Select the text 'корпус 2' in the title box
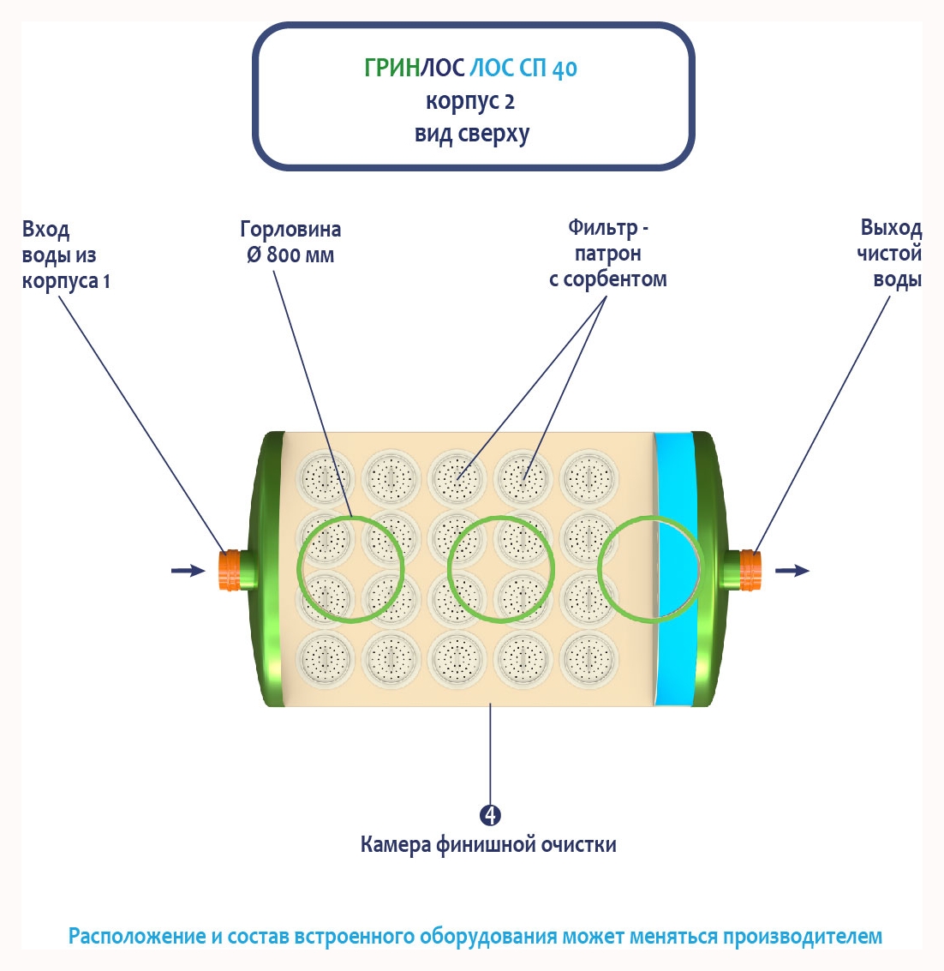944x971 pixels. point(470,102)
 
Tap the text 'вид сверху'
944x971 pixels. point(472,135)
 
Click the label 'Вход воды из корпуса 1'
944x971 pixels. point(65,255)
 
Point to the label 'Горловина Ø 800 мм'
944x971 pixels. point(290,243)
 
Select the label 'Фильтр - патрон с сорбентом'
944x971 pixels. point(607,254)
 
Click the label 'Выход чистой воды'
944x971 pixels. point(890,254)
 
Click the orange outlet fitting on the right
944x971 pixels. point(750,570)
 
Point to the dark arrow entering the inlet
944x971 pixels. point(188,571)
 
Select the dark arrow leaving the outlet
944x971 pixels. point(792,571)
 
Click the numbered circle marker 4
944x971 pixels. point(490,815)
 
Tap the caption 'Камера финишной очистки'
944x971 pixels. point(488,845)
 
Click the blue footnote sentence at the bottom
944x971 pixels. point(475,936)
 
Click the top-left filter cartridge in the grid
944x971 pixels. point(324,475)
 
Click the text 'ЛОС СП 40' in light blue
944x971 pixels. point(523,69)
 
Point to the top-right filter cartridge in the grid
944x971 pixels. point(589,475)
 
